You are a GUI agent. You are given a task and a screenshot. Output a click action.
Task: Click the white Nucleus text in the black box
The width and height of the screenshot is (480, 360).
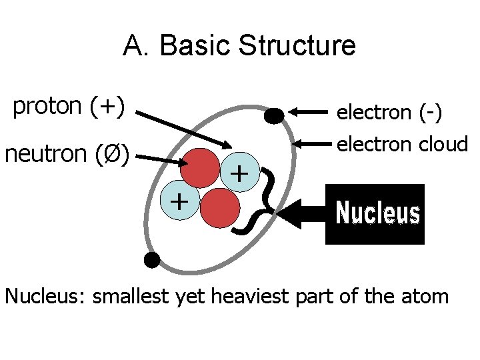coord(377,214)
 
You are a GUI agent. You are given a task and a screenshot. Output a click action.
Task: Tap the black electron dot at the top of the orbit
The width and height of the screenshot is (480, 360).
coord(273,116)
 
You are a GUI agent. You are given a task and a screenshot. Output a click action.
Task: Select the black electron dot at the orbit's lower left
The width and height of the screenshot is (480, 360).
coord(153,260)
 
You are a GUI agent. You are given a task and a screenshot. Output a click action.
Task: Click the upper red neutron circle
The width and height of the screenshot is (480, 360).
coord(200,167)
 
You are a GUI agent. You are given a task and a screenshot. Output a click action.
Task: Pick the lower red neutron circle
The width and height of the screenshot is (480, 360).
coord(220,208)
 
